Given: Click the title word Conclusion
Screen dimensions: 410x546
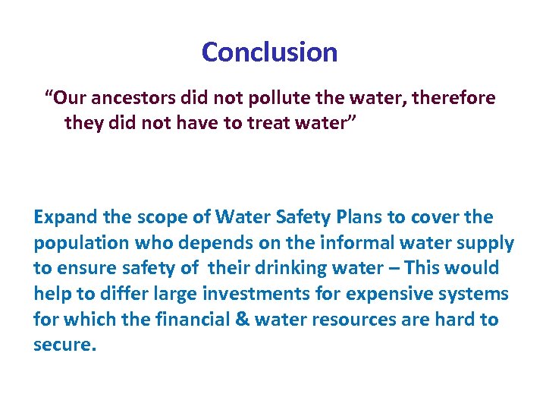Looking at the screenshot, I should point(269,52).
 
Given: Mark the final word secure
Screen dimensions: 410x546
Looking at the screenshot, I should point(64,345).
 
